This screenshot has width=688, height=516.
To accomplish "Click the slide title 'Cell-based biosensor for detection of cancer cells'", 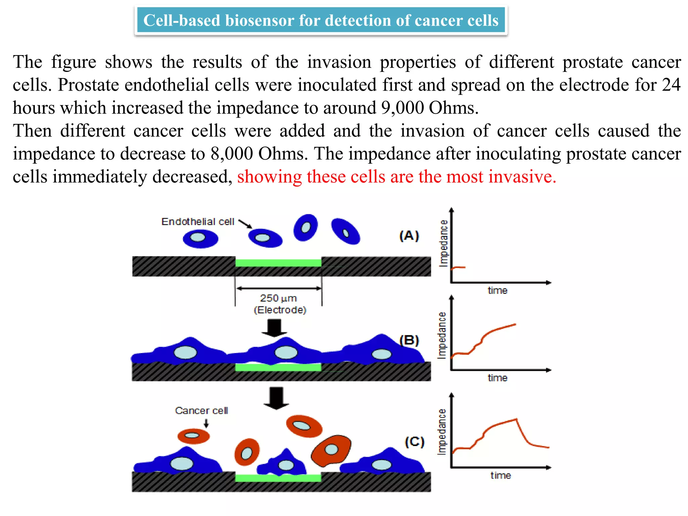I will click(321, 20).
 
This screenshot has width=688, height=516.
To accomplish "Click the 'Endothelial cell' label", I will click(198, 222).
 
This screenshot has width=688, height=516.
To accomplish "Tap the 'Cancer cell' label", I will click(201, 411).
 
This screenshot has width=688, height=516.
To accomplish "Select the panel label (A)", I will click(409, 235).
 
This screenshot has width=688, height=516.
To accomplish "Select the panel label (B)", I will click(409, 340).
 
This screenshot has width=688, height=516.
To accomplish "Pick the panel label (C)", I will click(414, 441).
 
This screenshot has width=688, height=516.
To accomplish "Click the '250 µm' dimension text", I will click(278, 298).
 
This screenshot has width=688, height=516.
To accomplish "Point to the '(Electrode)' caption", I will click(280, 310).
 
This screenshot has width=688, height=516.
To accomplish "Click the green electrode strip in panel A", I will click(278, 263).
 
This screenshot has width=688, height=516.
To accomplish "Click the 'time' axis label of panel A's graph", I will click(497, 290).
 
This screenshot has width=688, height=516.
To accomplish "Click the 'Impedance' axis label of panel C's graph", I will click(442, 432).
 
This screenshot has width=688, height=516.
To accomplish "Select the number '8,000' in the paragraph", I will click(232, 154).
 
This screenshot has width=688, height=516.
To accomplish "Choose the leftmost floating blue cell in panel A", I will click(200, 239).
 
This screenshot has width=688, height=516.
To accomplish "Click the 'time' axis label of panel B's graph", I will click(497, 378).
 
